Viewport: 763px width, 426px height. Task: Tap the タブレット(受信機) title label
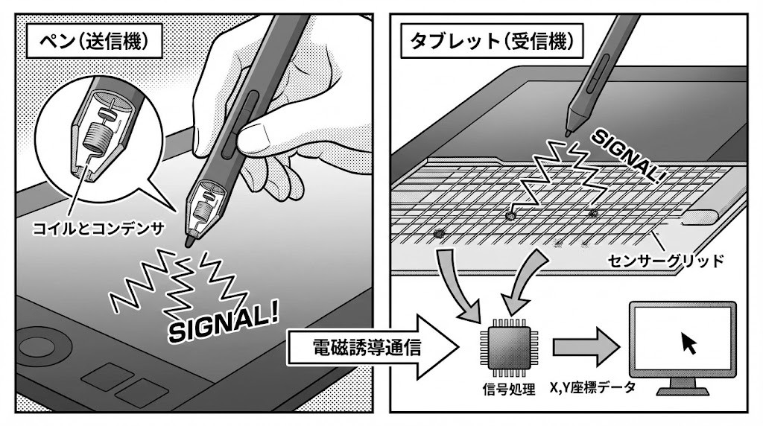[492, 41]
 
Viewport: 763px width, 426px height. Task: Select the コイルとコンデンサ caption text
[98, 228]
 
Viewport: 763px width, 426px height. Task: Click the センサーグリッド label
[665, 261]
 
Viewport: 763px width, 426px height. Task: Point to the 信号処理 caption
[508, 389]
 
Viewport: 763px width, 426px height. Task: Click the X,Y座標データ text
[592, 387]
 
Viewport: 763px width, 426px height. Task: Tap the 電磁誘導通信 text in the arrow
[367, 347]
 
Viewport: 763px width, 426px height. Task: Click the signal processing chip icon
[508, 347]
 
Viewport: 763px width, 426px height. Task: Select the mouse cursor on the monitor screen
[688, 343]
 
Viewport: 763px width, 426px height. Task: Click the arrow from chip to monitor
[586, 347]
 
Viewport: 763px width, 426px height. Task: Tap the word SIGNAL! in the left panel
[224, 322]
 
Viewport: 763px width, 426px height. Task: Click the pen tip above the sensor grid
[567, 133]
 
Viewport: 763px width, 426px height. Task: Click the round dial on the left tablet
[45, 347]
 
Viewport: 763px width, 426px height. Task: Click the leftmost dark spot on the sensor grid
[439, 233]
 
